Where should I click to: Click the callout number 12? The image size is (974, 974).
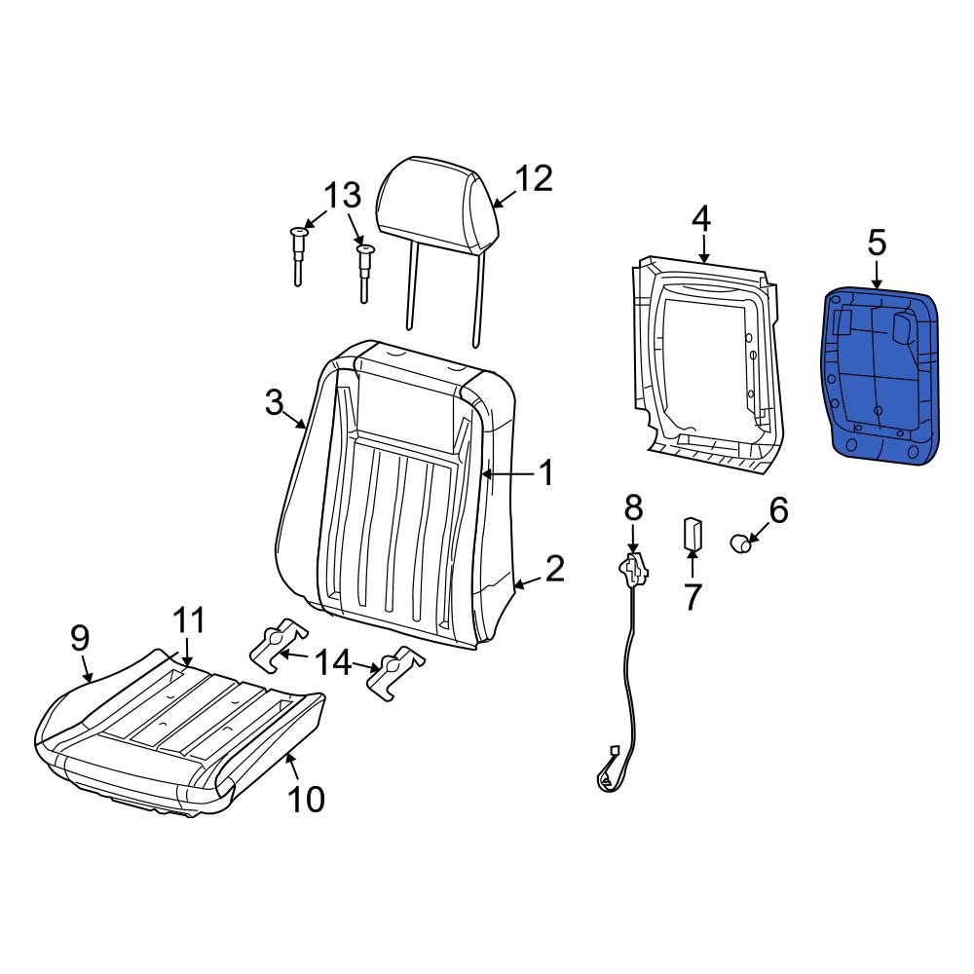533,178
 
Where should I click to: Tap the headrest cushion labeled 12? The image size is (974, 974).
437,205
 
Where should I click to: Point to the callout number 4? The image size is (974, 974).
701,218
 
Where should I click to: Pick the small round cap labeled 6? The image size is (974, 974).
743,543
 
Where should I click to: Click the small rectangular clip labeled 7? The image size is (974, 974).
692,534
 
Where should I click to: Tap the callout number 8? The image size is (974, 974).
633,506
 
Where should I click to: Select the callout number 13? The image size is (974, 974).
342,196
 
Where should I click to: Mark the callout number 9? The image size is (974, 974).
80,638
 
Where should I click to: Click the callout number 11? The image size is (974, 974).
189,620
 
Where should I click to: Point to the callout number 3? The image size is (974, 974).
274,400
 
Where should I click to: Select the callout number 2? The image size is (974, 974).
554,569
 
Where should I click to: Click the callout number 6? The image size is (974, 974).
778,508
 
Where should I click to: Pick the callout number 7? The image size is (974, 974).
692,596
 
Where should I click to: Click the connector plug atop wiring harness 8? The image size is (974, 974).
634,570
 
